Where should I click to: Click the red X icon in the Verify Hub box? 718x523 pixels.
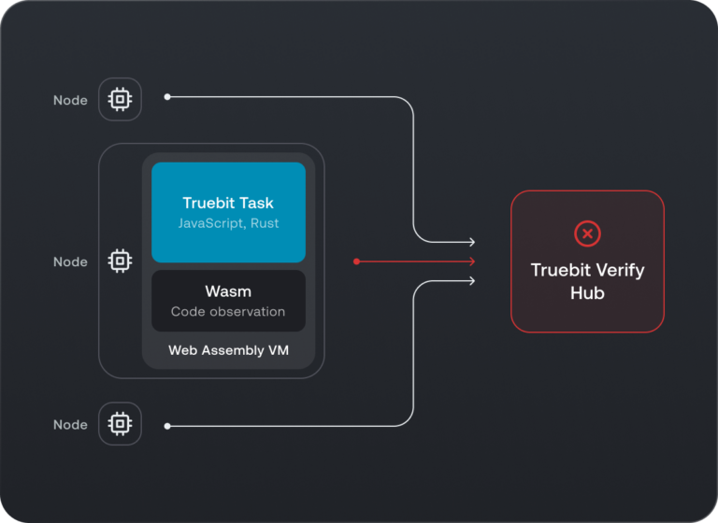[x=587, y=233]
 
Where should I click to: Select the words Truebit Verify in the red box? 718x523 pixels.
[x=587, y=271]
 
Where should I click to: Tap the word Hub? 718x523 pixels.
[x=587, y=293]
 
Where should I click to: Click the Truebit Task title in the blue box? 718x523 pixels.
[x=228, y=203]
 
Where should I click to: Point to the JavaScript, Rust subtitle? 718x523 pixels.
[x=228, y=224]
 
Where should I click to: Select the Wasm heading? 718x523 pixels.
[x=228, y=291]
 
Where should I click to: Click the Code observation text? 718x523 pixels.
[x=228, y=312]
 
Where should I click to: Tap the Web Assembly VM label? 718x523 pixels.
[x=228, y=350]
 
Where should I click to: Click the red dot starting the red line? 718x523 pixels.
[x=356, y=261]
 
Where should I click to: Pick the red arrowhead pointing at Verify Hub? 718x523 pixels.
[x=472, y=261]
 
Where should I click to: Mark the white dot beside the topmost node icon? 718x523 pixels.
[x=167, y=96]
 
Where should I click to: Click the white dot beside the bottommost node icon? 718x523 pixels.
[x=167, y=426]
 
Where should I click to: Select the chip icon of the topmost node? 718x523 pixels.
[x=120, y=99]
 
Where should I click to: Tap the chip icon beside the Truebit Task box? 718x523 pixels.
[x=120, y=261]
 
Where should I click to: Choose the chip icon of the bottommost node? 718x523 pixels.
[x=120, y=424]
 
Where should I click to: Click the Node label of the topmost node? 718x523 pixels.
[x=70, y=100]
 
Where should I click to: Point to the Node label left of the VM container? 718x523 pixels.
[x=70, y=262]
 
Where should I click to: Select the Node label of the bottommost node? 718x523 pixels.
[x=70, y=425]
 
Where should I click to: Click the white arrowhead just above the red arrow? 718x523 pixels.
[x=472, y=242]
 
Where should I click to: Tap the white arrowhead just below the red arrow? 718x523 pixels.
[x=472, y=281]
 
